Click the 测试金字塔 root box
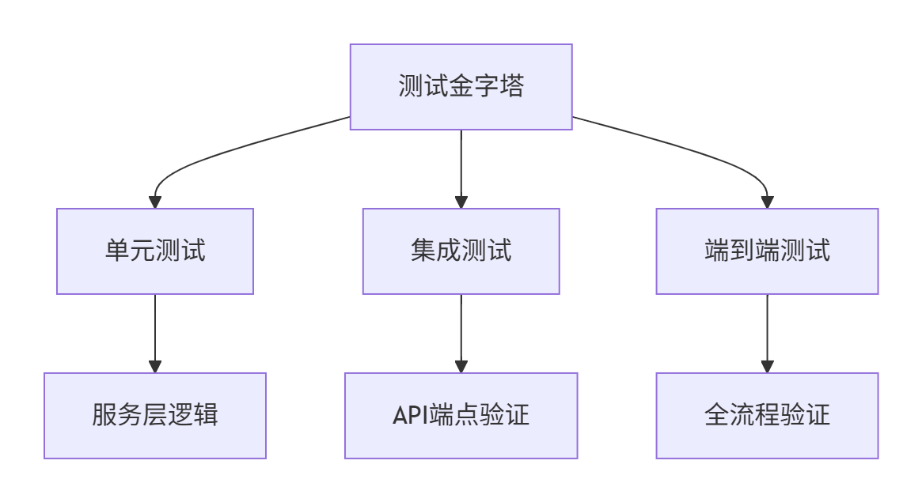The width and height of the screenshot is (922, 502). click(x=461, y=87)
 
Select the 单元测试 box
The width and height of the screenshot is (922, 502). click(x=155, y=251)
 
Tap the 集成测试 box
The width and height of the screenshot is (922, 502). click(x=461, y=251)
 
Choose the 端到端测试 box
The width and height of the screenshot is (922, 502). click(x=767, y=251)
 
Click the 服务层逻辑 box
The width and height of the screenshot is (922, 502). click(x=155, y=416)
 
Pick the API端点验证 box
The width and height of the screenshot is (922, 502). click(x=461, y=416)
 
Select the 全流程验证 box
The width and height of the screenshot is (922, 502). click(x=767, y=416)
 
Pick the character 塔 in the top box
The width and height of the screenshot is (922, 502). click(x=512, y=86)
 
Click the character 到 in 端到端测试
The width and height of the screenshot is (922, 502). click(x=742, y=251)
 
